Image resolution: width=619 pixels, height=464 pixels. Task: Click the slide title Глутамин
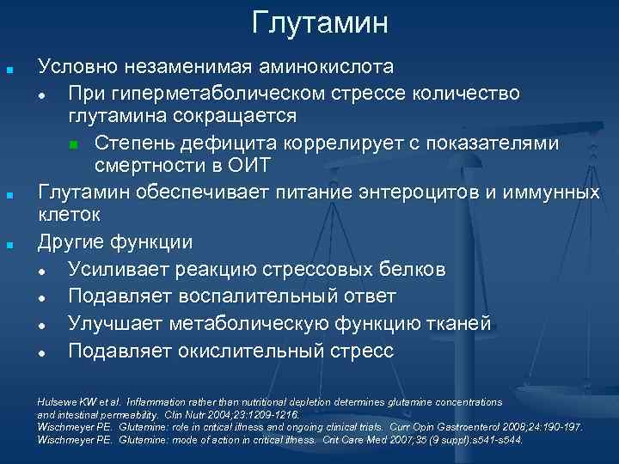tap(320, 23)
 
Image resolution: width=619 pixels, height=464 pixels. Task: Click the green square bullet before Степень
tap(74, 142)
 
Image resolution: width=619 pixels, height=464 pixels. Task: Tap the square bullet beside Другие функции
tap(9, 244)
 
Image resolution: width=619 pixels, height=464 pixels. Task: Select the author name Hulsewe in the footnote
tap(54, 401)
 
